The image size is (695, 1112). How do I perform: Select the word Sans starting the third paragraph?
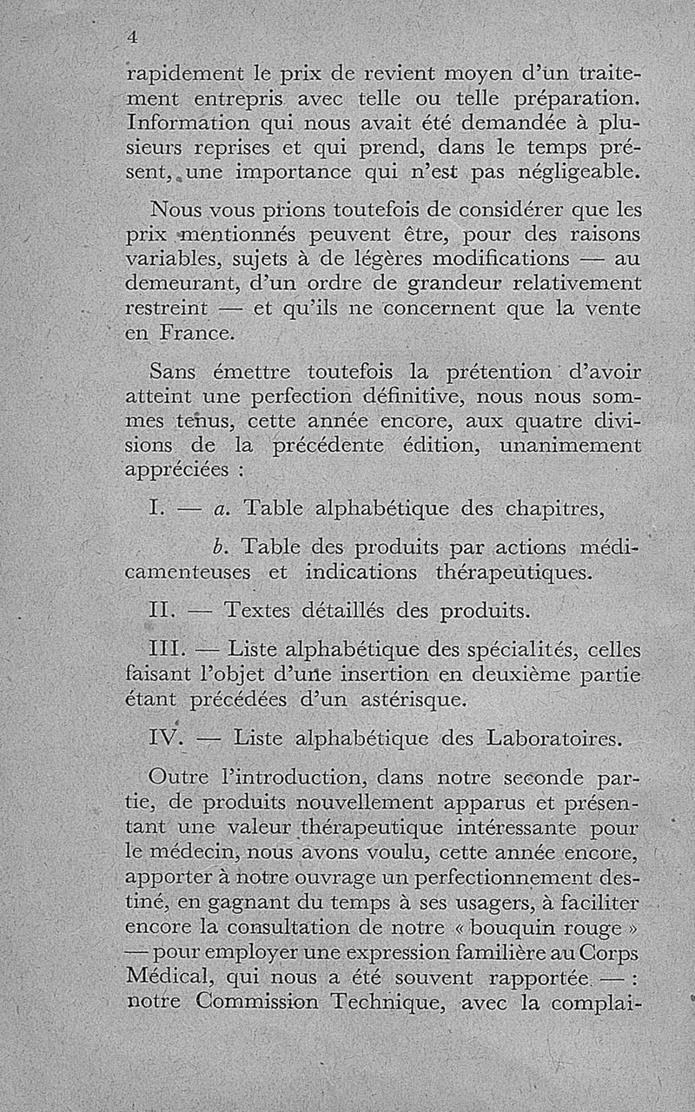click(x=172, y=372)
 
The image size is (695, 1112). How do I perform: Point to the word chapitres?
click(x=554, y=509)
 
